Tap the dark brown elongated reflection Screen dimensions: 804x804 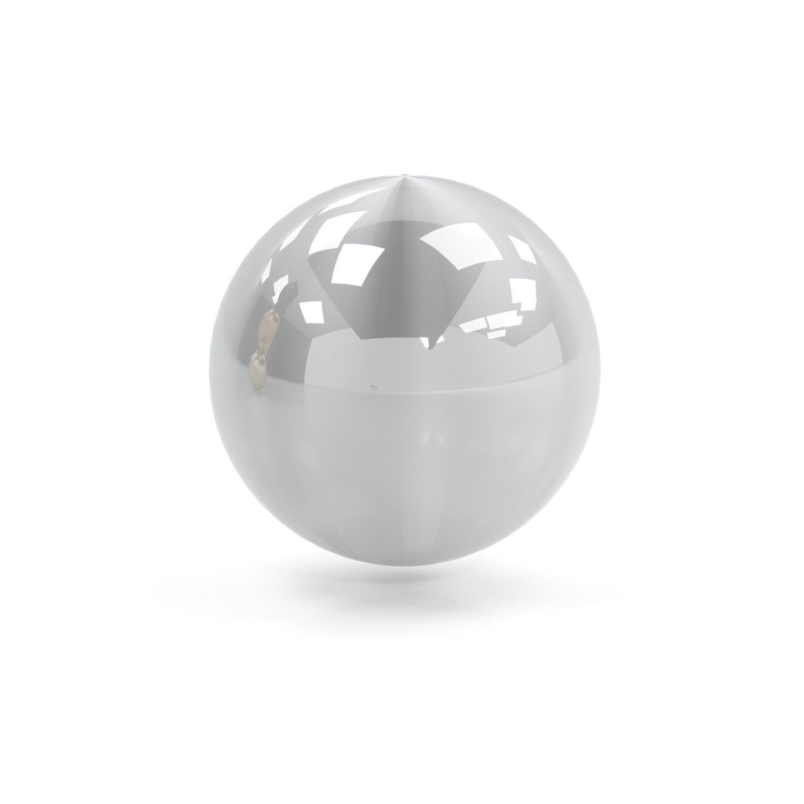[289, 294]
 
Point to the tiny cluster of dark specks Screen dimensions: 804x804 [374, 385]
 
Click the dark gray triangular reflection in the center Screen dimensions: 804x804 [407, 289]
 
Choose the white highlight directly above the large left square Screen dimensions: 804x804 [343, 225]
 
